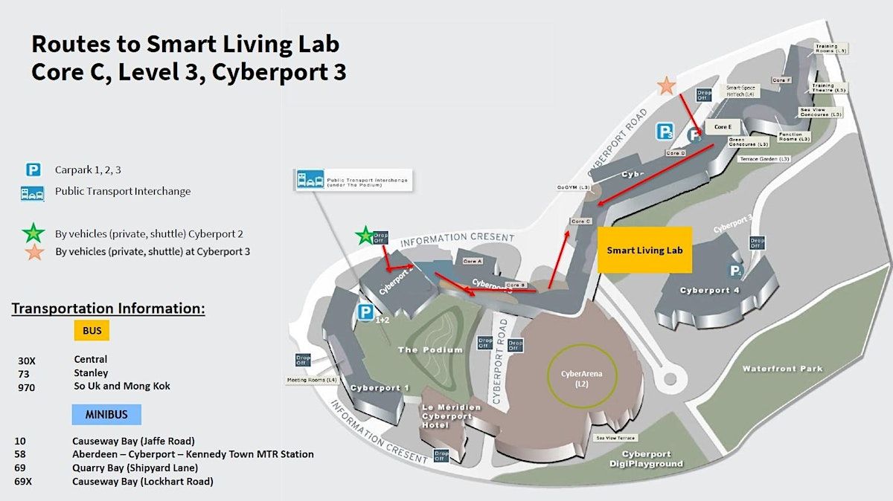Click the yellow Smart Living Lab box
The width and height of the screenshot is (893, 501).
pyautogui.click(x=644, y=250)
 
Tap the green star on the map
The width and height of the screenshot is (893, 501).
pyautogui.click(x=365, y=236)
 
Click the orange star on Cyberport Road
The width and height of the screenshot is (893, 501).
pyautogui.click(x=667, y=85)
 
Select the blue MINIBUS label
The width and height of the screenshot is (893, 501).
pyautogui.click(x=106, y=414)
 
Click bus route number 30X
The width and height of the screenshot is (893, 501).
pyautogui.click(x=27, y=361)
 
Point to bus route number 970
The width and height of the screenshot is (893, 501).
pyautogui.click(x=26, y=387)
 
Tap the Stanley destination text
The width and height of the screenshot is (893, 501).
pyautogui.click(x=91, y=373)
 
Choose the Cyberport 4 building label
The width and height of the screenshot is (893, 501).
pyautogui.click(x=709, y=290)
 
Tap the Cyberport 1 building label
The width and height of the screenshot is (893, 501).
pyautogui.click(x=380, y=387)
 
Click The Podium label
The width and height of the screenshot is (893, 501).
pyautogui.click(x=430, y=349)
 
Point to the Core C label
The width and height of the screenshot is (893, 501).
pyautogui.click(x=580, y=222)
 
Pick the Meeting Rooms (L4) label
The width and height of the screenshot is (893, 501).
pyautogui.click(x=312, y=380)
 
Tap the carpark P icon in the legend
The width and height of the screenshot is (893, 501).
pyautogui.click(x=33, y=170)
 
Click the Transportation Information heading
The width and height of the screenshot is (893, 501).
pyautogui.click(x=108, y=308)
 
